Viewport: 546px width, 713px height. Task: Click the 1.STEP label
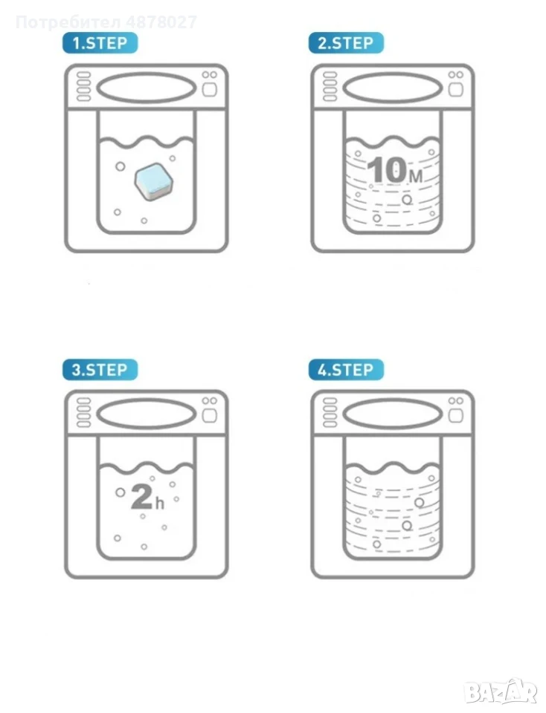[100, 43]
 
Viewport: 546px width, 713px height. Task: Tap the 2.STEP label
[346, 43]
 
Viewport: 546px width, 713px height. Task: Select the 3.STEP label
[100, 370]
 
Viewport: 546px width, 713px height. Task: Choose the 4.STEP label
[346, 370]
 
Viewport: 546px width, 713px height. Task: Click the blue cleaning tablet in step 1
[154, 182]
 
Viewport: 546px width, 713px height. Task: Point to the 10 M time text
[395, 171]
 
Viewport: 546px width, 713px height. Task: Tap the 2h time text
[147, 497]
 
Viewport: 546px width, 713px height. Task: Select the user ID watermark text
[106, 22]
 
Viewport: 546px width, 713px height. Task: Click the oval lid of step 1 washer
[147, 88]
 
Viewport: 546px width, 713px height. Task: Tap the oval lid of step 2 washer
[393, 88]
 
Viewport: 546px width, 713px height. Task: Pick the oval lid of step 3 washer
[147, 414]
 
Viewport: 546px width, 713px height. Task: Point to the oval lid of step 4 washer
[393, 414]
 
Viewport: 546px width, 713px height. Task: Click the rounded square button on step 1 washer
[210, 89]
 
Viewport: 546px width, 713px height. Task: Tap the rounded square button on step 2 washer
[456, 89]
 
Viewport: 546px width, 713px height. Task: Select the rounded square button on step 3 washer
[210, 415]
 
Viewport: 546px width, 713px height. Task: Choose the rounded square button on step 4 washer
[456, 415]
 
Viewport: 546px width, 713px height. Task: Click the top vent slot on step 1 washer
[83, 75]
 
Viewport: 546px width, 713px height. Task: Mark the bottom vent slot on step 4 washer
[330, 424]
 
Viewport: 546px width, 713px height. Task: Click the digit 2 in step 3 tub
[141, 497]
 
